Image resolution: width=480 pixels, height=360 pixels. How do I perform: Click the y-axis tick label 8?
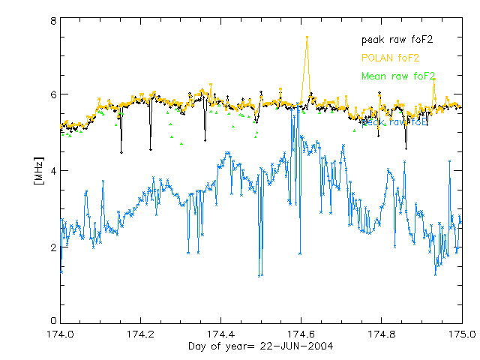pos(53,22)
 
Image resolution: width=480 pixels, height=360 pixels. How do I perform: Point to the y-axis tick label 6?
pos(53,95)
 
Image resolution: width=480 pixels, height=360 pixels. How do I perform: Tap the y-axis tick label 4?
pos(53,171)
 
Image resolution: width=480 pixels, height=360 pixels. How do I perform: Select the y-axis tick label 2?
pos(53,247)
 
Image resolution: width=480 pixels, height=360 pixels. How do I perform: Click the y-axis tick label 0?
pos(53,322)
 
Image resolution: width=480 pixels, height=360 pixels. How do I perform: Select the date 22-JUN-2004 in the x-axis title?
pos(295,346)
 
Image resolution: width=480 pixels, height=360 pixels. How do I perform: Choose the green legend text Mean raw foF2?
pos(397,76)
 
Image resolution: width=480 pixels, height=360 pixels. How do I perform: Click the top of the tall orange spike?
pos(307,37)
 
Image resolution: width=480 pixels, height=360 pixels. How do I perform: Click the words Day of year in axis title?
pos(219,346)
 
